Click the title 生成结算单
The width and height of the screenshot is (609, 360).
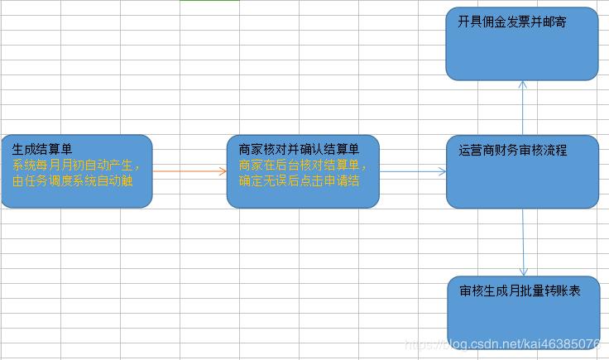42,149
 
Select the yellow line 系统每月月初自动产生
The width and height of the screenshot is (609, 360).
76,165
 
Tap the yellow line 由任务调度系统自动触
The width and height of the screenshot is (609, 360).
73,180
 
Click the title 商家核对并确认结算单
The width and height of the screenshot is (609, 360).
299,149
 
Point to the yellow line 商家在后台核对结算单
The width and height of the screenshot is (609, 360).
303,165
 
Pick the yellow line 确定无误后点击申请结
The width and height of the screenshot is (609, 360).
299,180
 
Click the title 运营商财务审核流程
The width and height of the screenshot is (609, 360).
513,150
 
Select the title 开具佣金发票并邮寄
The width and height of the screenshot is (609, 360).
512,22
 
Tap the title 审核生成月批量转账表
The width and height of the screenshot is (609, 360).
520,290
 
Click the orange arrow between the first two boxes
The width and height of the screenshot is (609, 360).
189,171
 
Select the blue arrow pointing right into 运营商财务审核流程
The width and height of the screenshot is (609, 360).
413,171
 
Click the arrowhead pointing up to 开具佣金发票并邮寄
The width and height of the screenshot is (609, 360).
523,84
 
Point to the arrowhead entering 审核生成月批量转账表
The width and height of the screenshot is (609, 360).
524,271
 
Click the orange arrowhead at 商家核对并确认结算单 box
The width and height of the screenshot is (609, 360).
223,171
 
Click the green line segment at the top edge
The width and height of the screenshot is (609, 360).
209,0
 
